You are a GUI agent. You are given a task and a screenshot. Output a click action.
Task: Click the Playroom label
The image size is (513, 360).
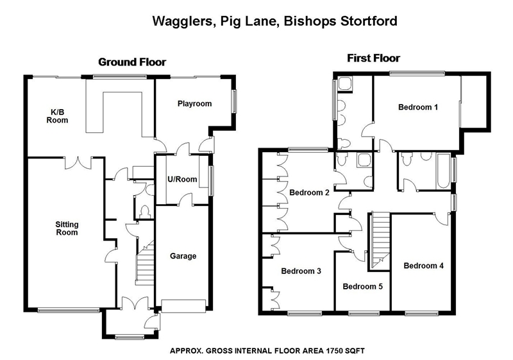pyautogui.click(x=194, y=103)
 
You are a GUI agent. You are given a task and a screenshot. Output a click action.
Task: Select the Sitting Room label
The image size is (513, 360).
pyautogui.click(x=67, y=228)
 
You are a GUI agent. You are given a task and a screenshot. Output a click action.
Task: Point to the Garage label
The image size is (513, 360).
pyautogui.click(x=183, y=256)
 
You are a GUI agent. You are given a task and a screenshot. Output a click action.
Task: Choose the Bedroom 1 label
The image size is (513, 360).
pyautogui.click(x=418, y=107)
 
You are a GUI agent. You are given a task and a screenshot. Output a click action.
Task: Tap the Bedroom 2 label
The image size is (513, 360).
pyautogui.click(x=309, y=192)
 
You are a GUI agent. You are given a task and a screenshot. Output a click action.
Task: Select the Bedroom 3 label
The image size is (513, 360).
pyautogui.click(x=301, y=271)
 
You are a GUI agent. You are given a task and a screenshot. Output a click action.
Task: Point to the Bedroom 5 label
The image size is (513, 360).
pyautogui.click(x=362, y=286)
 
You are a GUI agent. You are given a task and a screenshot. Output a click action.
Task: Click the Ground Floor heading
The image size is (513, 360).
pyautogui.click(x=131, y=62)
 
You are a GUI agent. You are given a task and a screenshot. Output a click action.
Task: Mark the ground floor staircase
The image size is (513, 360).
pyautogui.click(x=146, y=263)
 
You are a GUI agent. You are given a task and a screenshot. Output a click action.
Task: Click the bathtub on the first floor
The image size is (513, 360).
pyautogui.click(x=443, y=171)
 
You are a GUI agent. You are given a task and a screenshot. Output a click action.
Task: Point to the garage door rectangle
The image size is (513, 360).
pyautogui.click(x=183, y=305)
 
